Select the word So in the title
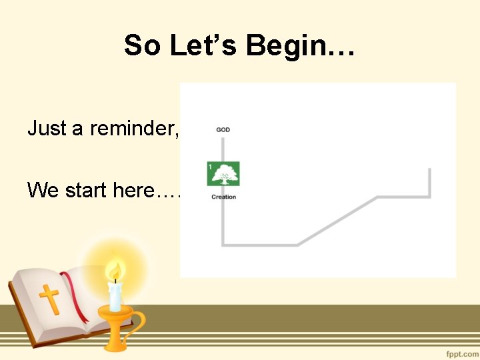click(142, 46)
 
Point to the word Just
click(47, 128)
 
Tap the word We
click(42, 191)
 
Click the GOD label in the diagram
click(223, 129)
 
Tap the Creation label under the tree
click(223, 197)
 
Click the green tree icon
click(225, 173)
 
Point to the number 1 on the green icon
click(211, 167)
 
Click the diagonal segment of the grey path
click(337, 221)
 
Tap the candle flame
click(115, 271)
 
